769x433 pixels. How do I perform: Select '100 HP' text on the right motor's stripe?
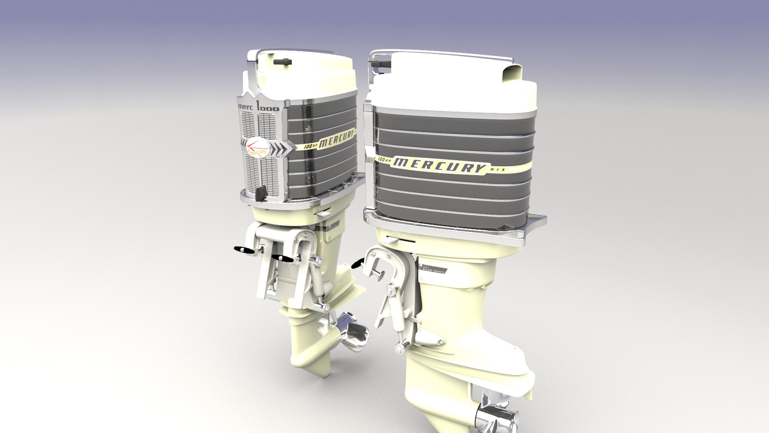tap(384, 160)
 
